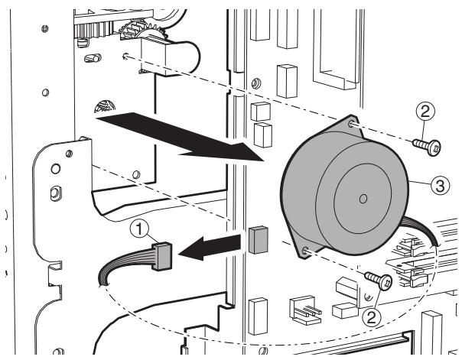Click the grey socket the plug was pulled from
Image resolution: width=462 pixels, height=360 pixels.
(258, 239)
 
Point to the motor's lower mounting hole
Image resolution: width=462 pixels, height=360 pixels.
(306, 249)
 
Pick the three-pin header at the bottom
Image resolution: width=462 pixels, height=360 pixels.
(299, 307)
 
